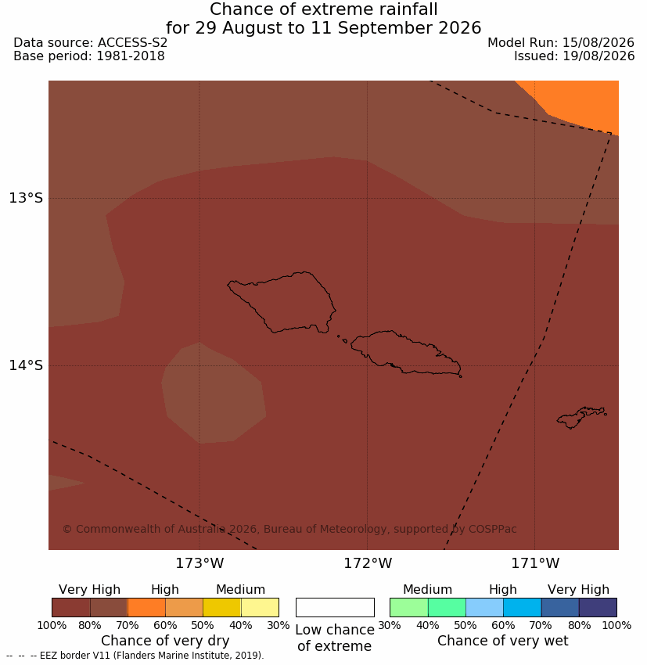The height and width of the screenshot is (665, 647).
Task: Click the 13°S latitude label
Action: point(26,198)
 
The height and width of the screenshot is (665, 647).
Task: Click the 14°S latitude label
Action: point(26,365)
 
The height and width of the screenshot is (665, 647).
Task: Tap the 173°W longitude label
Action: point(199,563)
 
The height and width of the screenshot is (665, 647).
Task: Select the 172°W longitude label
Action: point(368,563)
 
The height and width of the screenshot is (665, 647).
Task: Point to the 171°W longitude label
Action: point(535,563)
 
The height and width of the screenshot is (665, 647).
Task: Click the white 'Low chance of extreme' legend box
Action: point(335,607)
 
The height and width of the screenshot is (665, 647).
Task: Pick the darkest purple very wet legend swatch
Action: point(598,607)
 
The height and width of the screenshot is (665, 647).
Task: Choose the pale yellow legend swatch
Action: point(260,607)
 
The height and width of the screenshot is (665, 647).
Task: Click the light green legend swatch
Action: point(408,607)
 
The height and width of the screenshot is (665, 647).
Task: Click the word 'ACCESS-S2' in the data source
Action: point(132,43)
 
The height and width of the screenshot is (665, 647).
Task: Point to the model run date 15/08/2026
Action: point(598,43)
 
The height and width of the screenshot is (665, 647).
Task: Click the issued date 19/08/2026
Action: point(598,56)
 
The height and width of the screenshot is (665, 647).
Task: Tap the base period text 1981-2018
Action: point(131,56)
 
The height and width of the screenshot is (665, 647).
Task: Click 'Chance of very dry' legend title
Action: point(165,641)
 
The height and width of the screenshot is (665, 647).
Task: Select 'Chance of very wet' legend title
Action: point(502,641)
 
